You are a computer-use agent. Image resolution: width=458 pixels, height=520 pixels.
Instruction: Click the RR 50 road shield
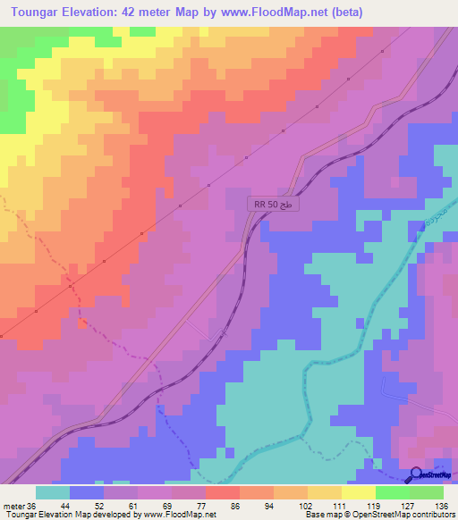[x=274, y=205]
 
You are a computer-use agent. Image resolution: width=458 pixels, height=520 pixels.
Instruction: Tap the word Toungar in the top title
[x=36, y=13]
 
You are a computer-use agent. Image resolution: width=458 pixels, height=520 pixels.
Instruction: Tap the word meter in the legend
[x=14, y=505]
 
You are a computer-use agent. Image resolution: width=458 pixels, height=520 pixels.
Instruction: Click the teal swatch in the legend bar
[x=53, y=492]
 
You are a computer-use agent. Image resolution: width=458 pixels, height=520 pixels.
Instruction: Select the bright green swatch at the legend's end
[x=427, y=492]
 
